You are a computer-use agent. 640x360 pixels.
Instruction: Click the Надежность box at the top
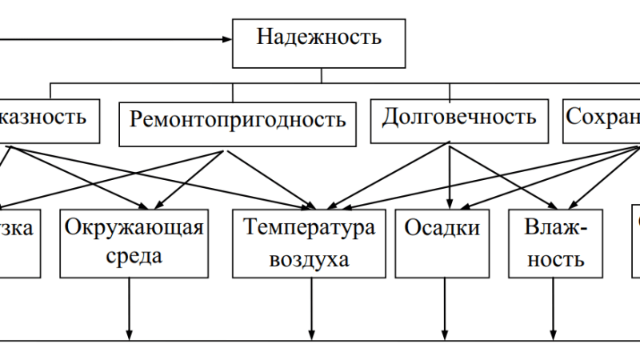tap(319, 40)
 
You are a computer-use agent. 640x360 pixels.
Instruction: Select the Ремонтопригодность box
tap(238, 122)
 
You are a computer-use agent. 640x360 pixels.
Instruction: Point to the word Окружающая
tap(134, 228)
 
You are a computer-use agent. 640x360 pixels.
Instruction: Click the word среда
tap(134, 258)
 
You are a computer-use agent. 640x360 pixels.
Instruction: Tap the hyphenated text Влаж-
tap(556, 230)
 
